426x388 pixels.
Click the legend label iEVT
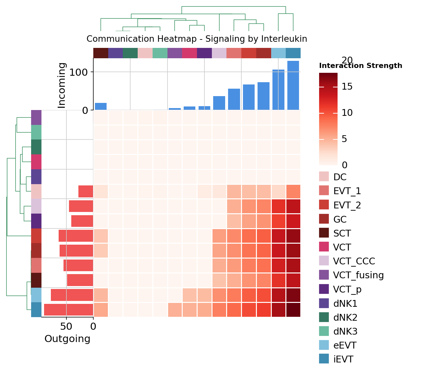[x=343, y=360]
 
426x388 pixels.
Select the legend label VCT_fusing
[x=358, y=275]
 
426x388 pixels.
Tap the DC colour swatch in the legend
[x=324, y=177]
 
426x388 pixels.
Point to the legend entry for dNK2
[x=345, y=317]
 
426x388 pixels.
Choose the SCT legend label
[x=342, y=233]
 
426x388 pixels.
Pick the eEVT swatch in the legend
[x=324, y=345]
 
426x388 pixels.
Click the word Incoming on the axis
[x=62, y=85]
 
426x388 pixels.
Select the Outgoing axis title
[x=67, y=339]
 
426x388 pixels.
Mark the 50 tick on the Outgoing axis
[x=66, y=327]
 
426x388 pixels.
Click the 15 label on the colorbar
[x=347, y=87]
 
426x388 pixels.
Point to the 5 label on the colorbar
[x=345, y=139]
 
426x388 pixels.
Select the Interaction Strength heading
[x=361, y=66]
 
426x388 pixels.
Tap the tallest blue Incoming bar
[x=293, y=85]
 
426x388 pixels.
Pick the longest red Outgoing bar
[x=69, y=310]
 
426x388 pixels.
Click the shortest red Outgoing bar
[x=86, y=191]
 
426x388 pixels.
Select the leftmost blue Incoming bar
[x=101, y=106]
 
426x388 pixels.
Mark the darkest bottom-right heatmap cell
[x=293, y=310]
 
